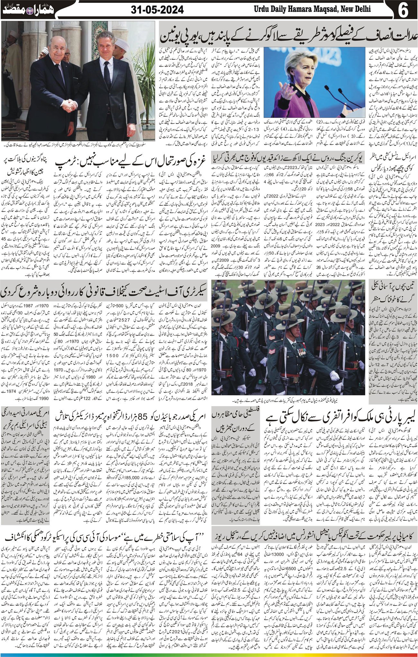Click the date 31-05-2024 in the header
coord(158,10)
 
